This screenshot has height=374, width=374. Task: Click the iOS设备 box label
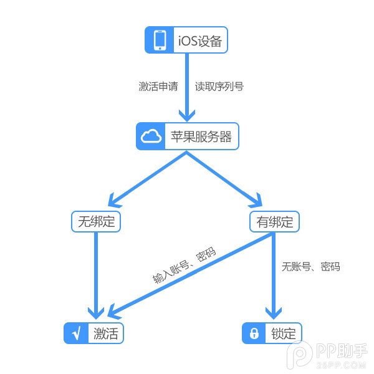[x=199, y=42]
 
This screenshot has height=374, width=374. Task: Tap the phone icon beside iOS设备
[x=161, y=41]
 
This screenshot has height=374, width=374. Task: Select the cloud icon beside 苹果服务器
[x=150, y=137]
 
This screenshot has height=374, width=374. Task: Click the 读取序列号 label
[x=219, y=86]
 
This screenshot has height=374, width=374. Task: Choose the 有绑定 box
[x=274, y=221]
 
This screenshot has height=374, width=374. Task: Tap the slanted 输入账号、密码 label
[x=185, y=266]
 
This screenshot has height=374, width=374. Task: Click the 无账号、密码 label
[x=310, y=267]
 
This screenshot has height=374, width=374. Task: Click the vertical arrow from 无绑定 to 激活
[x=95, y=274]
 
